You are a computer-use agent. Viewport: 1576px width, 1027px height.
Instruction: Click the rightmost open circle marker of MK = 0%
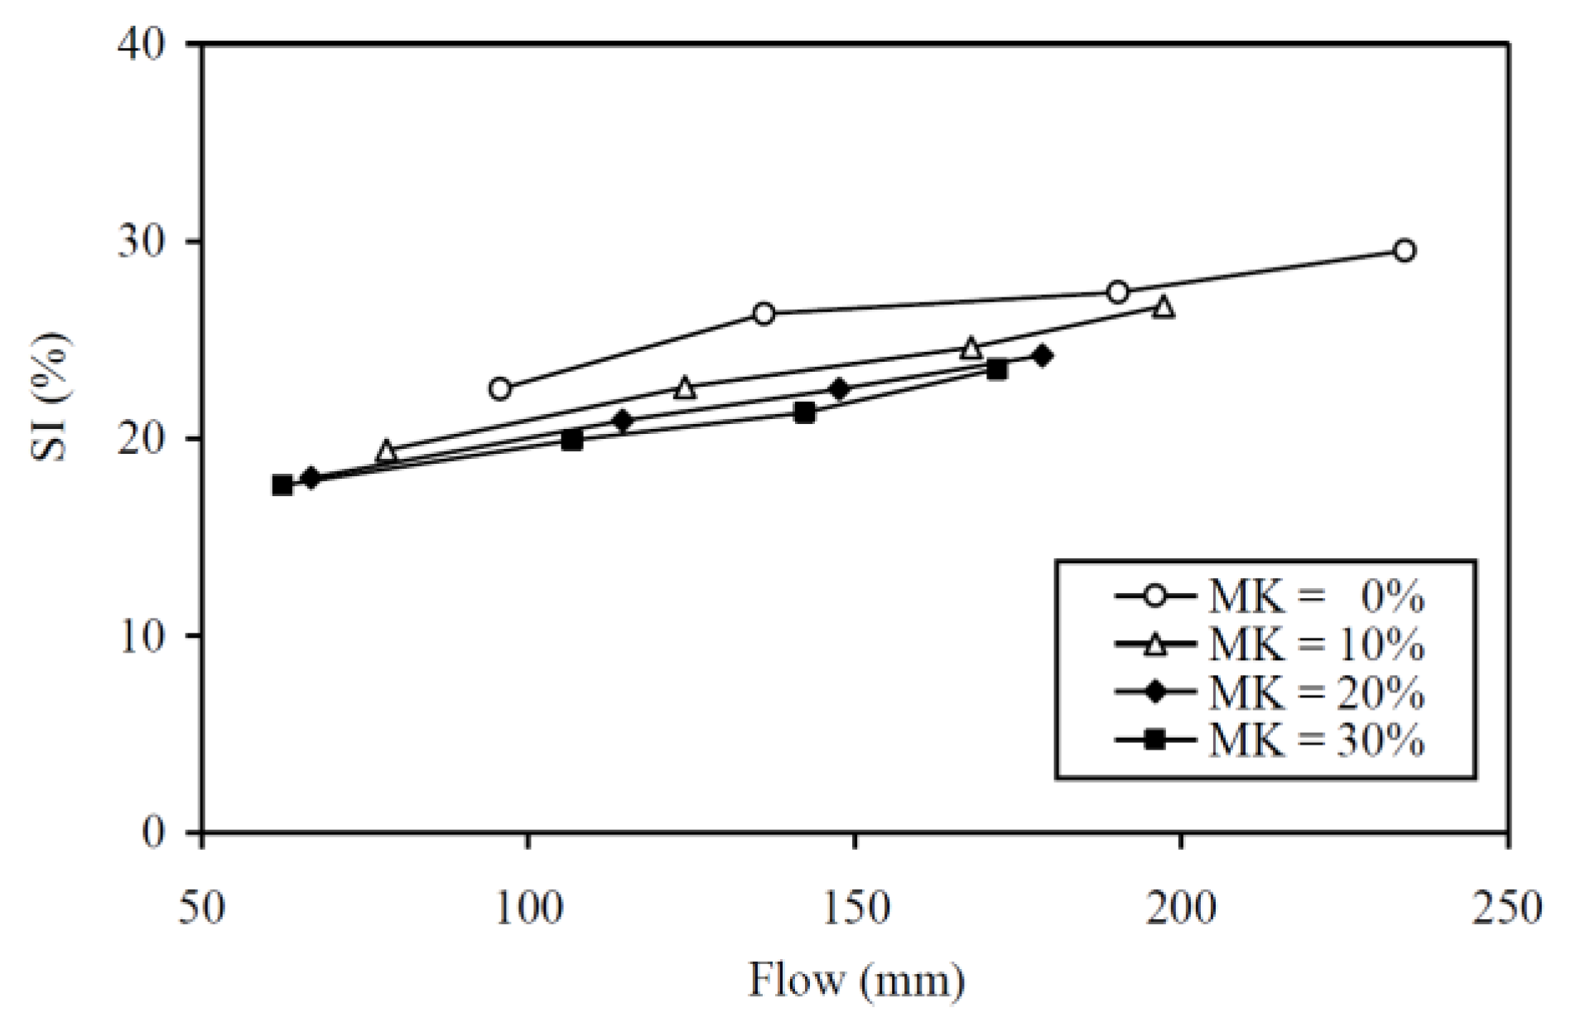click(x=1404, y=250)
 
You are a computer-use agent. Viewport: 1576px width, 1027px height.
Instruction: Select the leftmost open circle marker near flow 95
click(x=499, y=388)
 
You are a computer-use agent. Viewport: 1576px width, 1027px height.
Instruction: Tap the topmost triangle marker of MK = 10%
click(x=1164, y=307)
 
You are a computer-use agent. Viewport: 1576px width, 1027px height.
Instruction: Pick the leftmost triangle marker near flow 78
click(x=386, y=451)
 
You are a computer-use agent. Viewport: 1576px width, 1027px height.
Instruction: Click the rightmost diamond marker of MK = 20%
click(x=1043, y=356)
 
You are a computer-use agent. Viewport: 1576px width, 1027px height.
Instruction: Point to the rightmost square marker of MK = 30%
click(x=997, y=369)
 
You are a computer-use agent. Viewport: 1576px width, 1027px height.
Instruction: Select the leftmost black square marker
click(x=282, y=485)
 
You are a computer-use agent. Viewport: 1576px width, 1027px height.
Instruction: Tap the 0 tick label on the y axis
click(x=154, y=832)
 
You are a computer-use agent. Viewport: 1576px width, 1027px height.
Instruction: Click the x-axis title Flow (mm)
click(x=856, y=981)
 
